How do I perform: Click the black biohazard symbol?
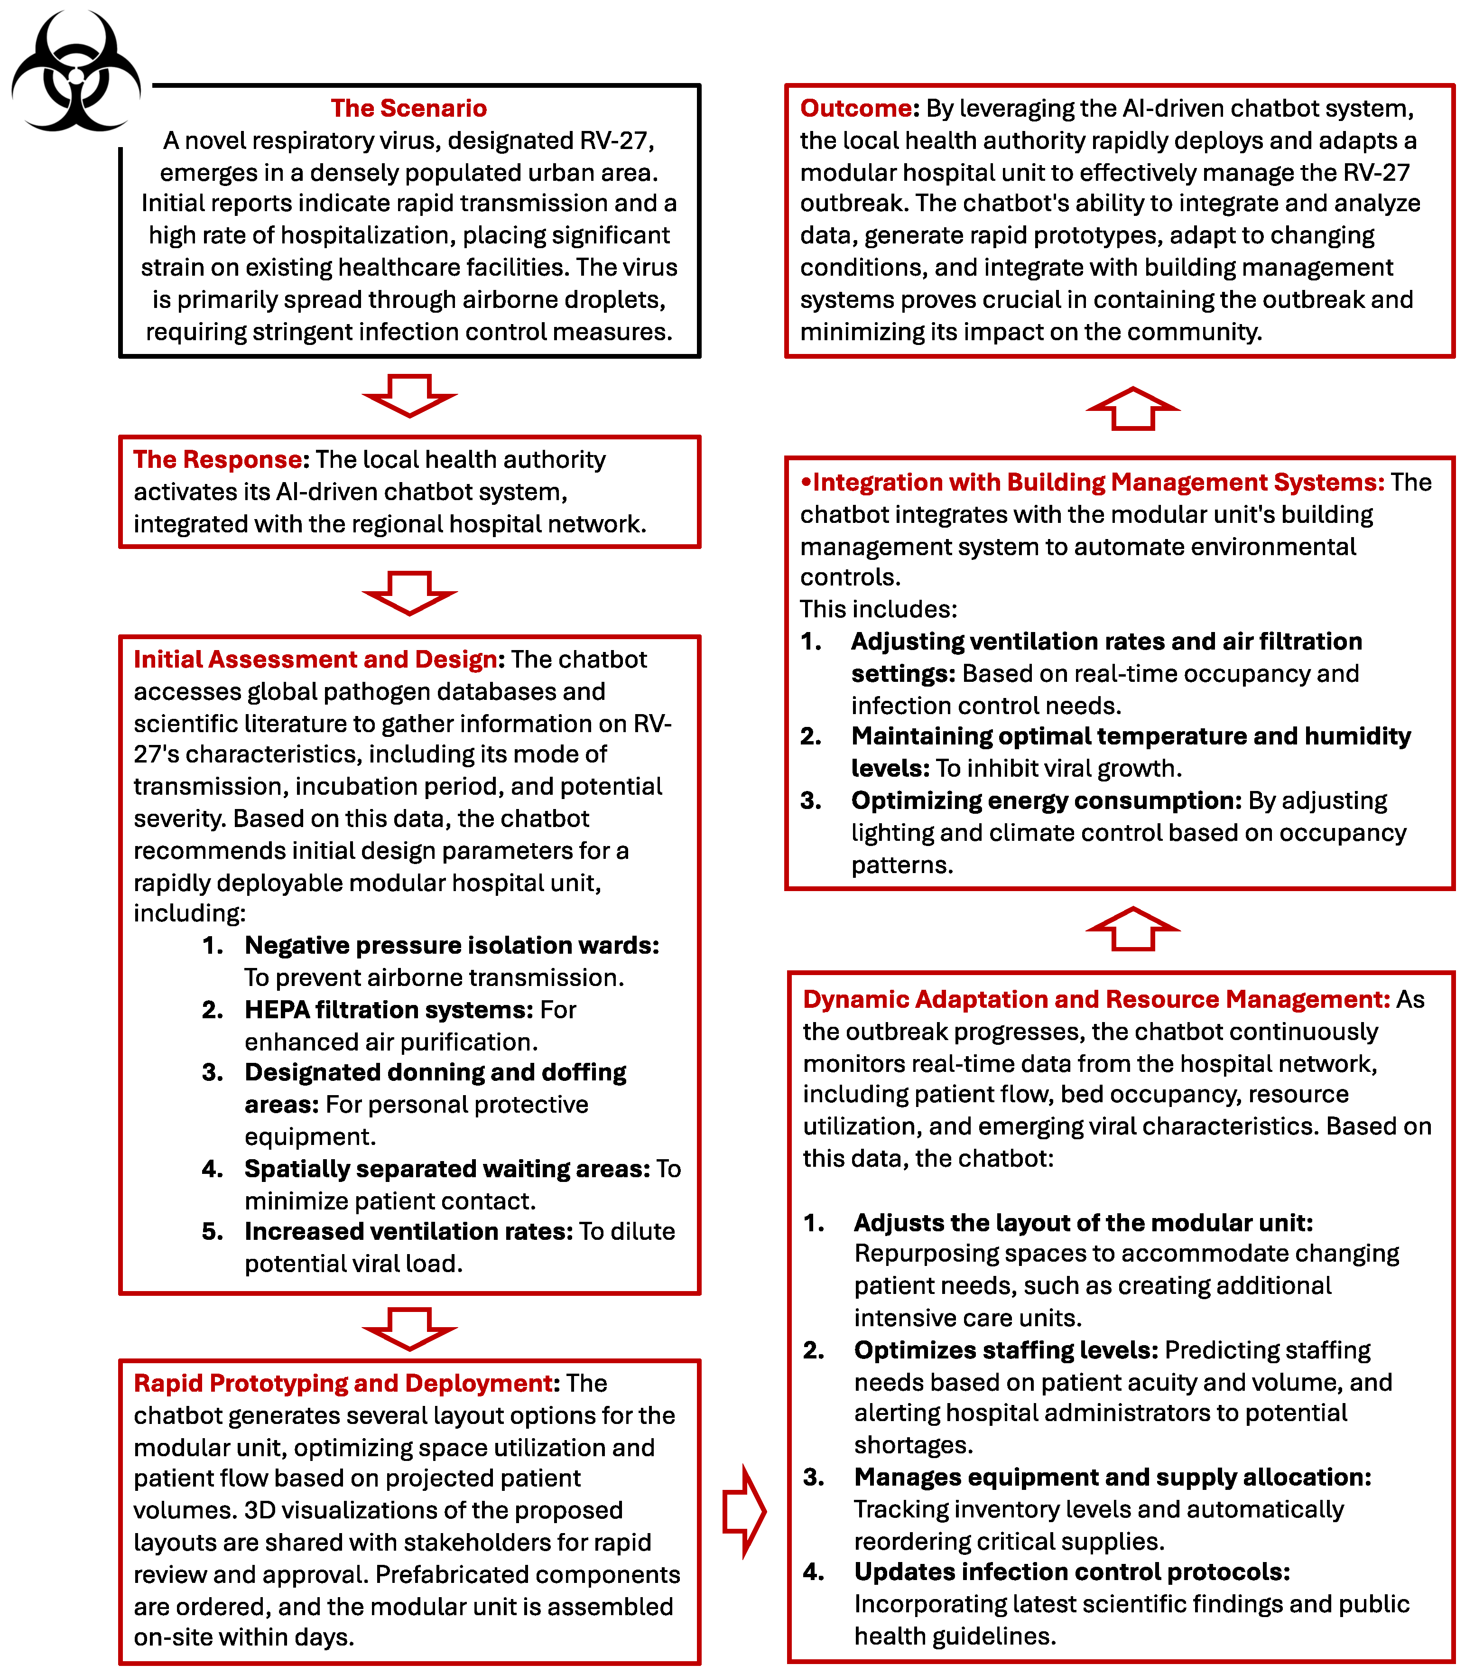(x=75, y=72)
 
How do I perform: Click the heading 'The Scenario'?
(x=409, y=108)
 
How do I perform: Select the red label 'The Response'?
(x=217, y=460)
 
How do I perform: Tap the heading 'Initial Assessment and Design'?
(x=315, y=659)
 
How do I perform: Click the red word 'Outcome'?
(x=856, y=108)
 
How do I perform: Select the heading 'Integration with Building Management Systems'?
(x=1095, y=483)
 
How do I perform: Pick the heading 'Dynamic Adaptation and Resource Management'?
(x=1095, y=999)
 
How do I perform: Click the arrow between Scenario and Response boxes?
(x=409, y=395)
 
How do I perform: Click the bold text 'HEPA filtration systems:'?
(x=389, y=1010)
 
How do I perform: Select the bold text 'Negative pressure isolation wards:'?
(x=451, y=945)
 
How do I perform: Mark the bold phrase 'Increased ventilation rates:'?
(x=409, y=1232)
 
